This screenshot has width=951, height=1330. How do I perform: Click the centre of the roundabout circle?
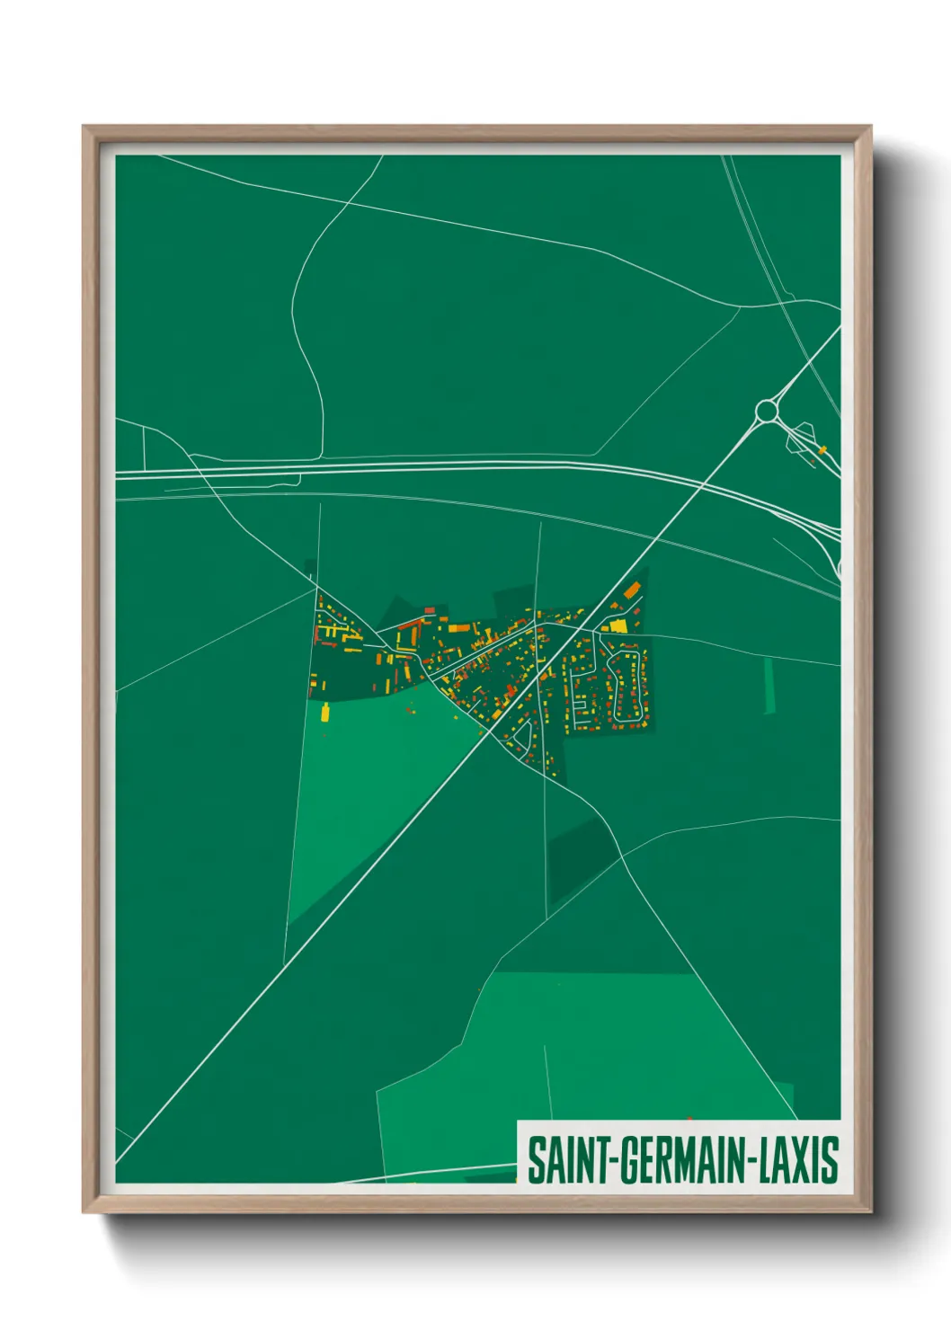tap(766, 411)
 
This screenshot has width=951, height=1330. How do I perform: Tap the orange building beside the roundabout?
tap(822, 448)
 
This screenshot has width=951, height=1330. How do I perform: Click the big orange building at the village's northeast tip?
tap(632, 590)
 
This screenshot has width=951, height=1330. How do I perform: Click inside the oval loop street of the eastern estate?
tap(627, 687)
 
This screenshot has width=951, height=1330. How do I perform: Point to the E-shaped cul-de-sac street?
tap(580, 692)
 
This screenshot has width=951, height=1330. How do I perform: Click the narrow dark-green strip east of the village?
tap(769, 687)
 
